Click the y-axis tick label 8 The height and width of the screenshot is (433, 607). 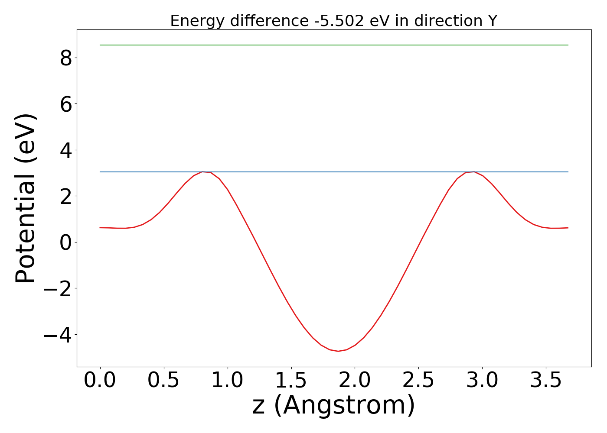click(x=65, y=58)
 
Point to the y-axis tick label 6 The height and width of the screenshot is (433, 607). click(x=65, y=104)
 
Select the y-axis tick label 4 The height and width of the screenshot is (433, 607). click(x=65, y=150)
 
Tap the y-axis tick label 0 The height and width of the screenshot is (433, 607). click(x=65, y=242)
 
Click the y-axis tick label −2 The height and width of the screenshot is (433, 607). click(x=57, y=288)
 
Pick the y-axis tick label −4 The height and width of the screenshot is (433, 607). click(x=57, y=334)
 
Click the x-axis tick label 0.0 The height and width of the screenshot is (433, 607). click(x=100, y=380)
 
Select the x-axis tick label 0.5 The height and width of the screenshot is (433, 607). click(x=164, y=380)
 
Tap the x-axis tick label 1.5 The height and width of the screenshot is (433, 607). click(x=291, y=380)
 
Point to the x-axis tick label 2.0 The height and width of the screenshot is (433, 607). click(x=355, y=380)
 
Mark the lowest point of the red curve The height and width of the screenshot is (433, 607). click(x=338, y=351)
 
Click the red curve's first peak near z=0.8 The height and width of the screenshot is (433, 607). click(x=202, y=172)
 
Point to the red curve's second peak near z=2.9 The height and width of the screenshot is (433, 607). click(x=474, y=172)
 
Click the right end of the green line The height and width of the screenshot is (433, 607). click(x=568, y=45)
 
